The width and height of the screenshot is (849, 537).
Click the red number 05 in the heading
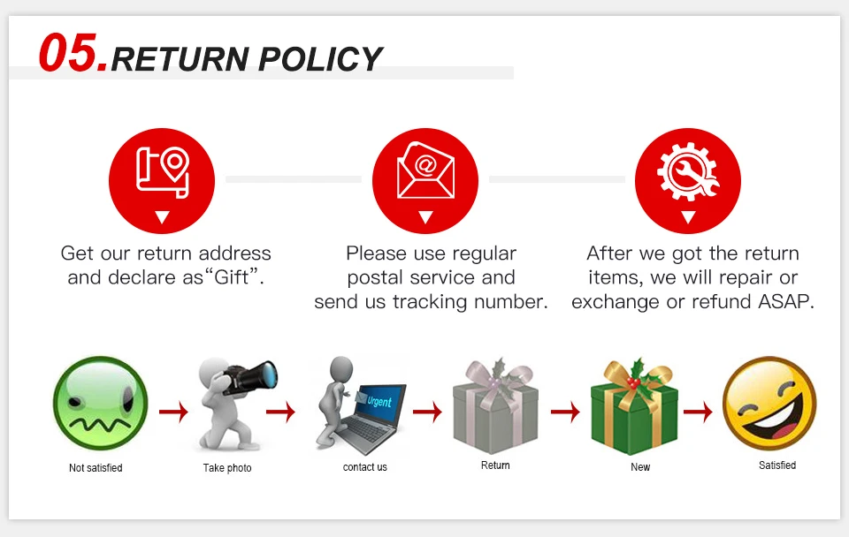(73, 55)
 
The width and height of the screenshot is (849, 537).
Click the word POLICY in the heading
(321, 59)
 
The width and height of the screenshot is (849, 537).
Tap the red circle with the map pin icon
(162, 181)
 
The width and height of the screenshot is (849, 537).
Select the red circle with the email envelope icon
(425, 181)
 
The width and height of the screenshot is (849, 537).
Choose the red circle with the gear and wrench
(688, 181)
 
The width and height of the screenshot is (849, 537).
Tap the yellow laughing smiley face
(769, 404)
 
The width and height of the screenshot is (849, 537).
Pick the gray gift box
(495, 408)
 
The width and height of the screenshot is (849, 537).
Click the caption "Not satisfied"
(96, 468)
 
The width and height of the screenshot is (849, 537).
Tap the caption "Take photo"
(227, 468)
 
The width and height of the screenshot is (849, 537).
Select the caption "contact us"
(365, 467)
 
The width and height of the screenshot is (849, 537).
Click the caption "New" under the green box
(640, 467)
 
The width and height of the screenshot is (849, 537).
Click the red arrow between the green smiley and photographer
(173, 412)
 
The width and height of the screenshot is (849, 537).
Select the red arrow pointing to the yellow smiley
(698, 412)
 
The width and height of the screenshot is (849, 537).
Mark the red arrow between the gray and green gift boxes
(565, 412)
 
